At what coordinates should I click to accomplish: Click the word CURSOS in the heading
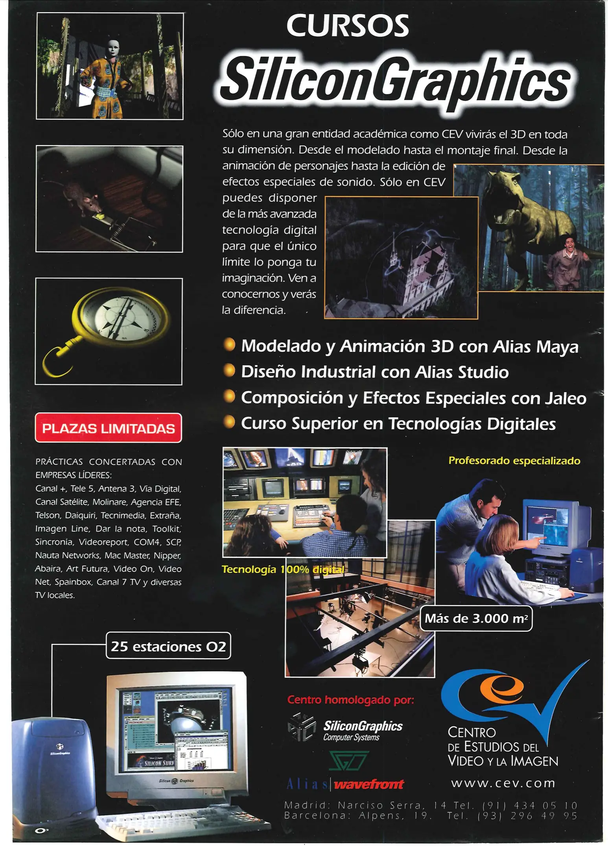click(x=348, y=26)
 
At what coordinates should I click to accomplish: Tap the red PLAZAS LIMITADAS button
click(x=109, y=428)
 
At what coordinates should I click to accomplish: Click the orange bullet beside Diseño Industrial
click(x=229, y=371)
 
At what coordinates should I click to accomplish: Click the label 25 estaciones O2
click(x=168, y=647)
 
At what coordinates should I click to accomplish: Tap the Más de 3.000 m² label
click(x=476, y=619)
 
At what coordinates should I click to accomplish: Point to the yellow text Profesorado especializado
click(x=514, y=461)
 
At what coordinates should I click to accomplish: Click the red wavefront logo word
click(x=369, y=785)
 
